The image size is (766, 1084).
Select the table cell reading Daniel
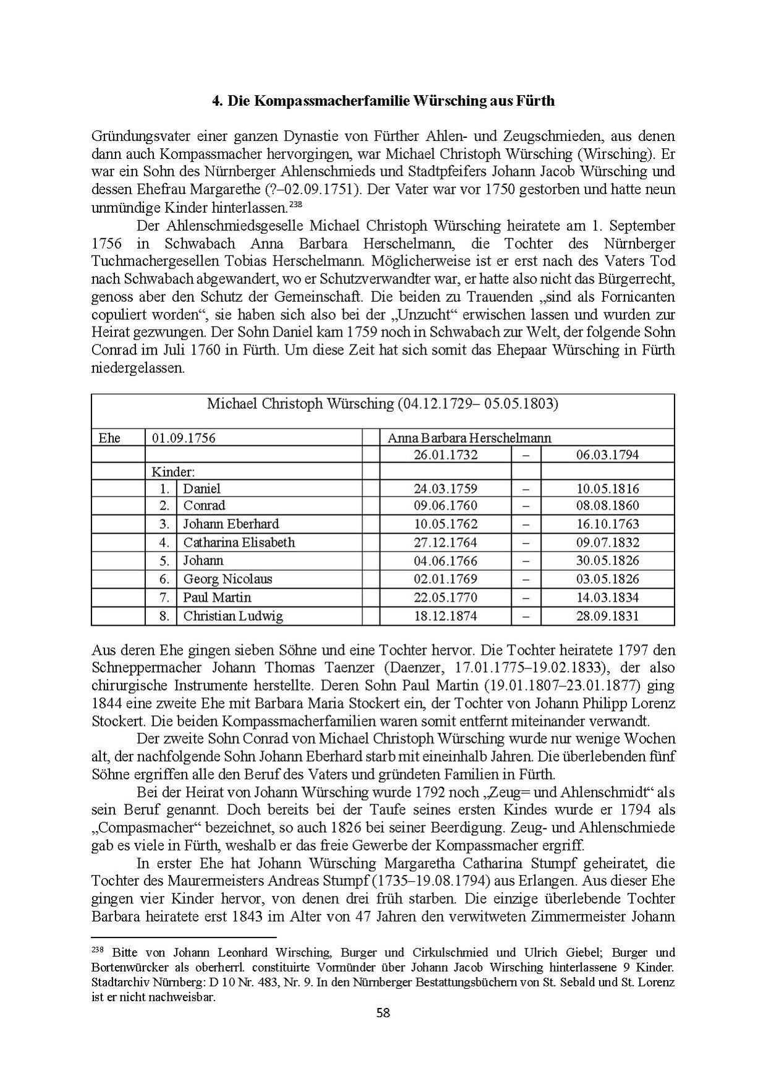(x=202, y=489)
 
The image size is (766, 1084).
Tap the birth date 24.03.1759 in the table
(x=445, y=489)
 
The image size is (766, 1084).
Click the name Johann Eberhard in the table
(x=231, y=524)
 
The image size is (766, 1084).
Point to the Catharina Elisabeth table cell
(x=239, y=543)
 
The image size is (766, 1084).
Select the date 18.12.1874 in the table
(x=445, y=616)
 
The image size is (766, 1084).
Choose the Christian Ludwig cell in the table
(x=233, y=616)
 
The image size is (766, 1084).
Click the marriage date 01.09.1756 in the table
(x=184, y=438)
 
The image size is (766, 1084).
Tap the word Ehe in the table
(x=109, y=438)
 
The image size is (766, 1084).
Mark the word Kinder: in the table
(x=173, y=472)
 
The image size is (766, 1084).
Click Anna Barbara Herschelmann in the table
(x=469, y=438)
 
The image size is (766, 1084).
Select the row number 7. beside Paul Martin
(x=164, y=597)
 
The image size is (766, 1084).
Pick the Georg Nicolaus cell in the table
(x=228, y=579)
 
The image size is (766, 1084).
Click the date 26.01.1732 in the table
(x=445, y=455)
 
